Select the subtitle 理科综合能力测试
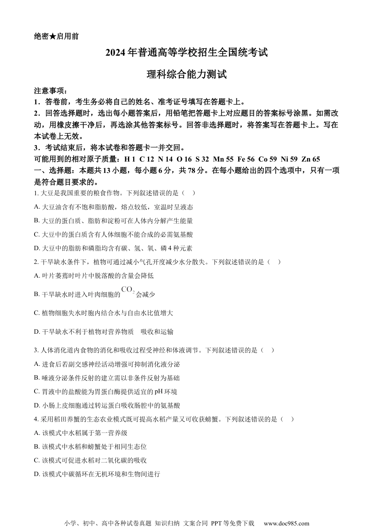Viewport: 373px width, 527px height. pyautogui.click(x=186, y=74)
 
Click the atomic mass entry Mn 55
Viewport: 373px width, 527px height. pyautogui.click(x=223, y=159)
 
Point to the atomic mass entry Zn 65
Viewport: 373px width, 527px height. pyautogui.click(x=311, y=159)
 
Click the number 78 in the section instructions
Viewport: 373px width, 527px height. pyautogui.click(x=197, y=171)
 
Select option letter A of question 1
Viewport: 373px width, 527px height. pyautogui.click(x=37, y=207)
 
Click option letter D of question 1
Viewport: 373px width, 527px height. pyautogui.click(x=37, y=248)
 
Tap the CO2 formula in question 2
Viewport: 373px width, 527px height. pyautogui.click(x=128, y=290)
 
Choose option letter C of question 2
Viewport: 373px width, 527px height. pyautogui.click(x=37, y=313)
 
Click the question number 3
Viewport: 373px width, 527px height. pyautogui.click(x=36, y=350)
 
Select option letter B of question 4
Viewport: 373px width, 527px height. pyautogui.click(x=37, y=447)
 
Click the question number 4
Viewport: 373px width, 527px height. pyautogui.click(x=36, y=419)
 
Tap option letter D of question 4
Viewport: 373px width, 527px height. pyautogui.click(x=37, y=474)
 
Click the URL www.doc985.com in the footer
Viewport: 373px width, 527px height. pyautogui.click(x=286, y=523)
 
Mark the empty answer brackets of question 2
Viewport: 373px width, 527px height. pyautogui.click(x=274, y=262)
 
